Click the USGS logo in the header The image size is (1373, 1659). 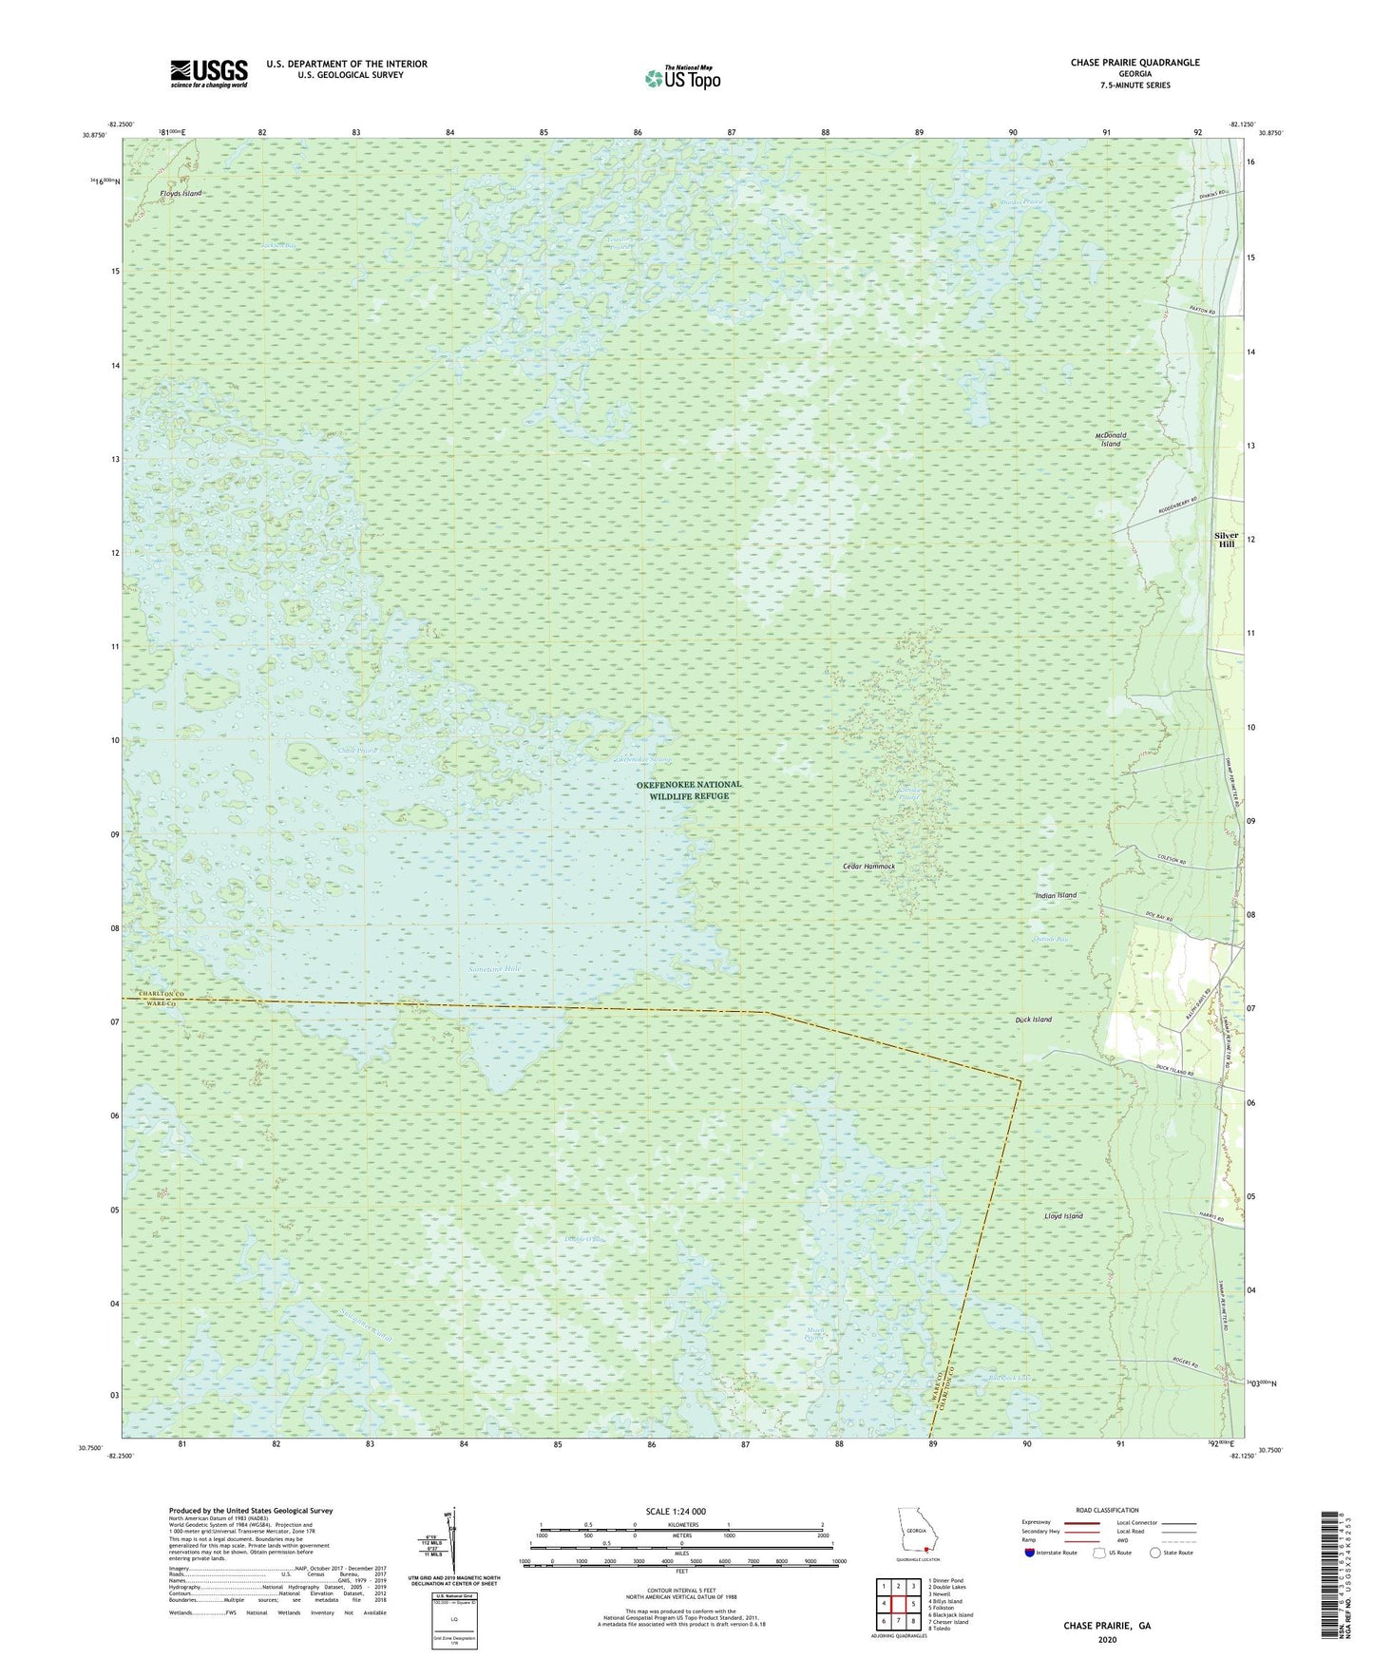[x=209, y=72]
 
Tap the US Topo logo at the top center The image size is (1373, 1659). [x=681, y=79]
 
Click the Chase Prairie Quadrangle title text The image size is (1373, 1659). [x=1135, y=63]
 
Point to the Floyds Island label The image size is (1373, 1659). [x=181, y=193]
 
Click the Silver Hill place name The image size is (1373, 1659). [x=1226, y=540]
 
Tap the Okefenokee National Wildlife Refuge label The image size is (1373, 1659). [x=689, y=790]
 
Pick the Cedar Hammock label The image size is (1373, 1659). [x=869, y=867]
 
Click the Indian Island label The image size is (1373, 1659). [x=1056, y=895]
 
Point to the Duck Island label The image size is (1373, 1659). [x=1034, y=1020]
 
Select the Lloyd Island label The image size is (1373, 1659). [x=1063, y=1216]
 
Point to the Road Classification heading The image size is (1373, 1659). [x=1107, y=1510]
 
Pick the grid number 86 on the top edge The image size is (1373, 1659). [x=638, y=132]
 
